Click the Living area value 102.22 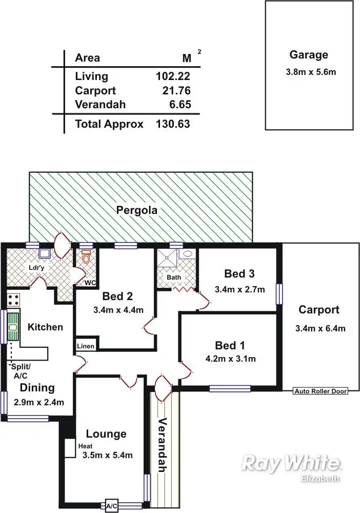pyautogui.click(x=173, y=76)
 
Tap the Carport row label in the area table pyautogui.click(x=95, y=91)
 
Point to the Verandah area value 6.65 pyautogui.click(x=179, y=105)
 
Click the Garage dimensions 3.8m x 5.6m pyautogui.click(x=311, y=72)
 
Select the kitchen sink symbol pyautogui.click(x=13, y=326)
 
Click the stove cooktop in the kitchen pyautogui.click(x=13, y=300)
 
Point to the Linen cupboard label pyautogui.click(x=85, y=346)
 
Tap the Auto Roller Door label pyautogui.click(x=320, y=391)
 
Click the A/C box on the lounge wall pyautogui.click(x=111, y=506)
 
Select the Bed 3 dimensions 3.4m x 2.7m pyautogui.click(x=241, y=289)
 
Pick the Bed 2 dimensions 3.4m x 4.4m pyautogui.click(x=118, y=310)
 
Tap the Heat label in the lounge pyautogui.click(x=85, y=446)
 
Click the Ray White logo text pyautogui.click(x=290, y=463)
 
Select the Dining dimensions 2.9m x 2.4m pyautogui.click(x=38, y=403)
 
